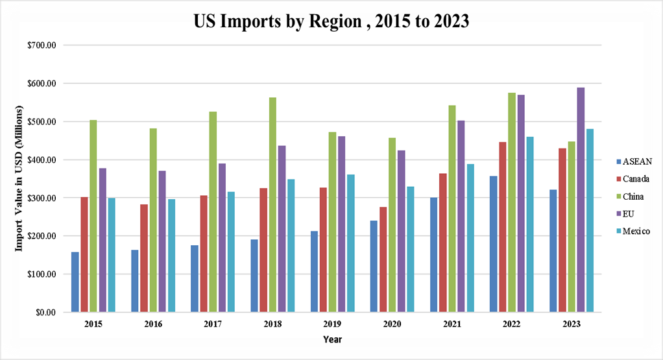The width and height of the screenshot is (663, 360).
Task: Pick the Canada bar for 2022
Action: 503,226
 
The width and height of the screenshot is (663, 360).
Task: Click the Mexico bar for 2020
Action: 411,249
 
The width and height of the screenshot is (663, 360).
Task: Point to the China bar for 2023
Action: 572,226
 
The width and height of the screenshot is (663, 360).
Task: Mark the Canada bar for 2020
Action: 383,259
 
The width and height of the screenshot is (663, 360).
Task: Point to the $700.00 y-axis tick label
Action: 42,45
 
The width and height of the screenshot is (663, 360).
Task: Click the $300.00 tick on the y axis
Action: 42,198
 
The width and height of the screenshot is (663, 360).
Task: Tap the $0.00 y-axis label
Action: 45,312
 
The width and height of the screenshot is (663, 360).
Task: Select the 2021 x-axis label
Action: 452,323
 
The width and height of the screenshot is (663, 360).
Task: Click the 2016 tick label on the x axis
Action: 153,323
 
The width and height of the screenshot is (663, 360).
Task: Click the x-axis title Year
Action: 333,339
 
